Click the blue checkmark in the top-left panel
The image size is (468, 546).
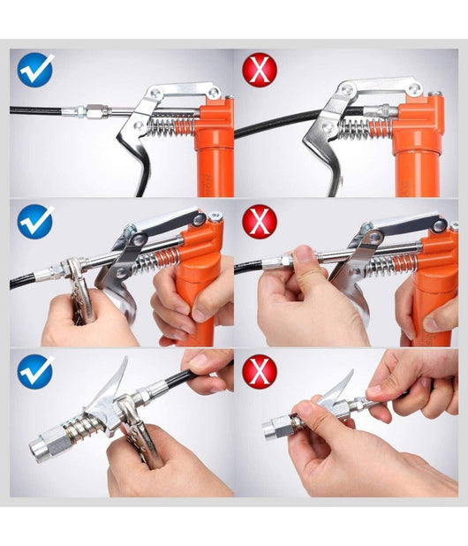pos(36,69)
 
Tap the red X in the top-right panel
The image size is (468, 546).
pos(260,69)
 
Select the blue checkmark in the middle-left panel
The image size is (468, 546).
pos(36,221)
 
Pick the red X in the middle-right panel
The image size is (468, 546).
pos(260,221)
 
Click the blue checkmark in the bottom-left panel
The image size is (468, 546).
pos(36,371)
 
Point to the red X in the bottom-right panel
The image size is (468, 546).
pos(260,371)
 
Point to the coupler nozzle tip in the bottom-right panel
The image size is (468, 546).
pos(272,430)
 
